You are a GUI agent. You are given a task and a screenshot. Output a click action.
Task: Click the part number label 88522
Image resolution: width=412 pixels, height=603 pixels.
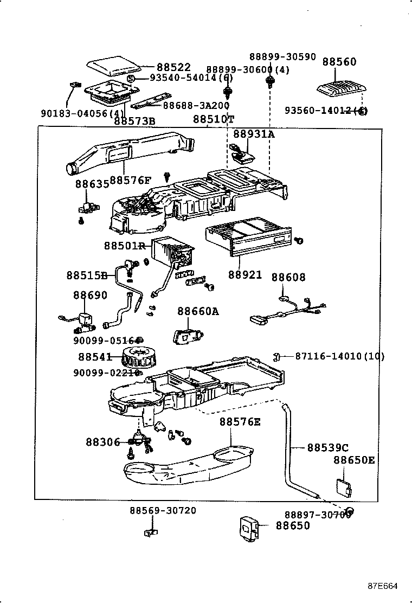point(173,67)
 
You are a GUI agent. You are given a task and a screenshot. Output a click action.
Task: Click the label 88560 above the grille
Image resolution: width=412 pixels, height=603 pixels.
point(339,62)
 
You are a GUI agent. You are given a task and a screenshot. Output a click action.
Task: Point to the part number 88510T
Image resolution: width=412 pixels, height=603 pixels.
point(214,119)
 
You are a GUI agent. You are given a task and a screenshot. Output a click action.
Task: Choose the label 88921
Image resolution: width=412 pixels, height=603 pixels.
point(245,275)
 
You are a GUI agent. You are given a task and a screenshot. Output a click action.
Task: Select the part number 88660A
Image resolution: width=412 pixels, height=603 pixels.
point(198,311)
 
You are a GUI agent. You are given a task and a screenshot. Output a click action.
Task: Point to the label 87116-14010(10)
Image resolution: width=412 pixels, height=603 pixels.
point(340,356)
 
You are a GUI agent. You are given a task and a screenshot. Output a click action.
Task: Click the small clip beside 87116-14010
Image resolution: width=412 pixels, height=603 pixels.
point(277,356)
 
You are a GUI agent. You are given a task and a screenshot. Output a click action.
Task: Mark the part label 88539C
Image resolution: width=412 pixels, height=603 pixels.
point(327,447)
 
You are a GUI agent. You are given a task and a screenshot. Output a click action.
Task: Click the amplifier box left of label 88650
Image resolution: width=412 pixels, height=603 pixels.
point(250,527)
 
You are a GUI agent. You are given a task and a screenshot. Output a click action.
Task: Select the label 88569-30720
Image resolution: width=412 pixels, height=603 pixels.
point(163,510)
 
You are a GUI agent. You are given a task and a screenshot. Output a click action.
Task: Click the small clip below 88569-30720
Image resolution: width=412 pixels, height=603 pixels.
point(151,533)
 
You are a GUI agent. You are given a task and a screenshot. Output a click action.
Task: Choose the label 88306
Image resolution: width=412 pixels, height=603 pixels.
point(102,441)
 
